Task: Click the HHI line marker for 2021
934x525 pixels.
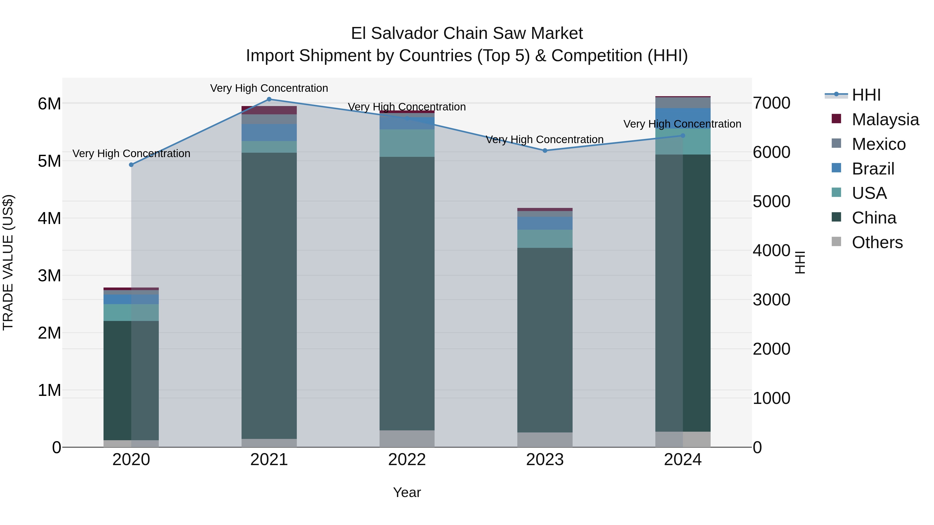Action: pos(269,99)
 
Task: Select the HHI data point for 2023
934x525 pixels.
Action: pos(545,150)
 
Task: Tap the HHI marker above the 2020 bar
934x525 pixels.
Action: pos(131,165)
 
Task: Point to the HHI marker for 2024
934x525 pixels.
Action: pos(683,136)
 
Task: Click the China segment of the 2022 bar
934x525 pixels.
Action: pos(407,293)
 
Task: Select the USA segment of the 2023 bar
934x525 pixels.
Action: pos(545,239)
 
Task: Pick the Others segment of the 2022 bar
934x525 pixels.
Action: pos(407,439)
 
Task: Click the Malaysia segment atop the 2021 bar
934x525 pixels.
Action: pos(269,110)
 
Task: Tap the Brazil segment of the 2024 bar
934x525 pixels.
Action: pos(683,118)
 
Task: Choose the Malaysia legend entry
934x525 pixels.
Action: pos(885,120)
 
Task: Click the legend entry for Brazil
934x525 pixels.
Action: pos(873,169)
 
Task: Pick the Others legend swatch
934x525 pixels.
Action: pos(836,242)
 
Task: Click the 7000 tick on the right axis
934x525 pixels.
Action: pos(771,103)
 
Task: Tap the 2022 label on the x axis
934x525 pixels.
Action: pos(407,460)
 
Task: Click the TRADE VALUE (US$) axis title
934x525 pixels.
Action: pos(8,262)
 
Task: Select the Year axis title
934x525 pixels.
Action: pos(407,492)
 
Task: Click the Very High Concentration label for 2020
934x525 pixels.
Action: pos(131,154)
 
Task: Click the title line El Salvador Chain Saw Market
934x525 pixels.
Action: pos(467,33)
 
